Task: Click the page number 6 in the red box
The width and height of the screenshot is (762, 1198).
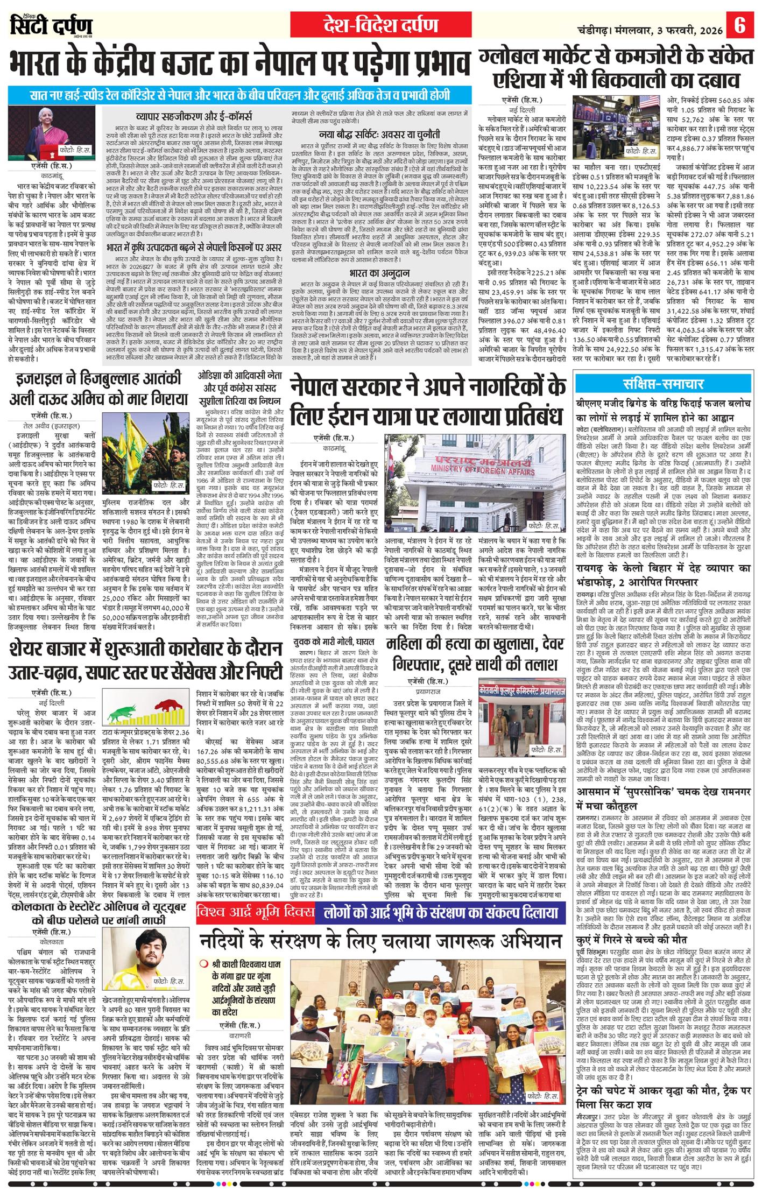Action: (x=740, y=25)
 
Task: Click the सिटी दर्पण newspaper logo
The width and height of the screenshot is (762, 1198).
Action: (x=51, y=25)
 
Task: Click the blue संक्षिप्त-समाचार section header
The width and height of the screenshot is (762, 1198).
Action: (x=664, y=384)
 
